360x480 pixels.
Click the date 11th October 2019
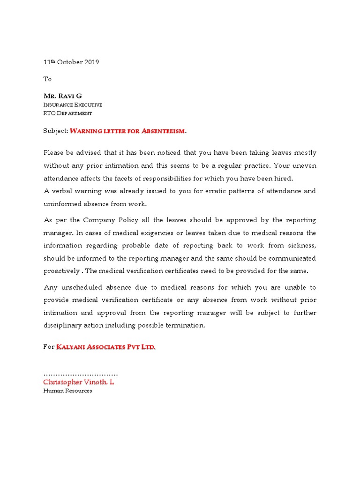pyautogui.click(x=71, y=62)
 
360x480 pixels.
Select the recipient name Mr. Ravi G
pyautogui.click(x=62, y=96)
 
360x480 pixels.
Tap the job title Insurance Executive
pyautogui.click(x=73, y=105)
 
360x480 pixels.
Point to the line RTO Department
pyautogui.click(x=67, y=113)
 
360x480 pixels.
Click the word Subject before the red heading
pyautogui.click(x=55, y=131)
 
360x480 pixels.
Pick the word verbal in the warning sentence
pyautogui.click(x=62, y=191)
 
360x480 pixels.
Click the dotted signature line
pyautogui.click(x=80, y=374)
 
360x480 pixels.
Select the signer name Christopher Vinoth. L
pyautogui.click(x=78, y=382)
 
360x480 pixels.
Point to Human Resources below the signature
pyautogui.click(x=67, y=391)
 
